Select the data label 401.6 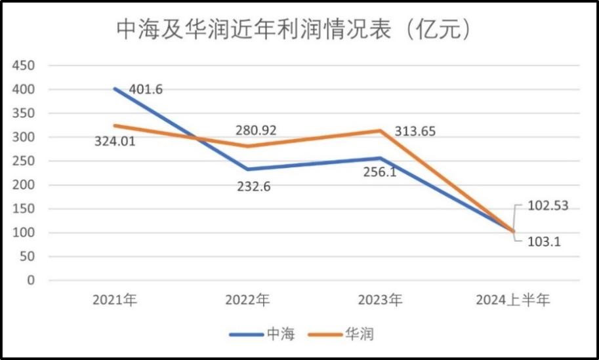[145, 89]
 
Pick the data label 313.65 [415, 131]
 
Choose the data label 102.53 [547, 206]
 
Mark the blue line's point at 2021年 [115, 89]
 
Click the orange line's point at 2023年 [380, 130]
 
